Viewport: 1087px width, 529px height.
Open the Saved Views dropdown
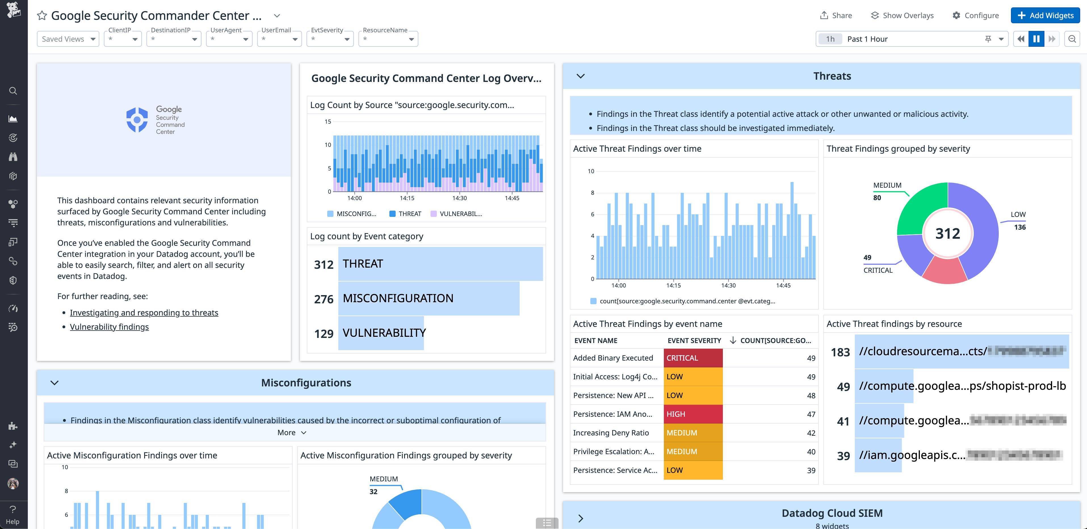coord(68,39)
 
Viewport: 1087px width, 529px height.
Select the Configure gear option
coord(975,16)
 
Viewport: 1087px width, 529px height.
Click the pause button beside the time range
coord(1036,39)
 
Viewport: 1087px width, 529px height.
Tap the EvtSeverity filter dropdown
coord(330,39)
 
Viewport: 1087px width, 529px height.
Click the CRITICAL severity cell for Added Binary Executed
coord(693,358)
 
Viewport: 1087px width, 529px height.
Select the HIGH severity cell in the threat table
coord(693,414)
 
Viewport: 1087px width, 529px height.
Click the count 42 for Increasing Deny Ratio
coord(811,433)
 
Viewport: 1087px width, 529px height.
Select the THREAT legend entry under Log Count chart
coord(405,214)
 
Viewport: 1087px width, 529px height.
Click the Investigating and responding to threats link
coord(144,312)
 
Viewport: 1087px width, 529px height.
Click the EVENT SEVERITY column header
coord(694,340)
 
